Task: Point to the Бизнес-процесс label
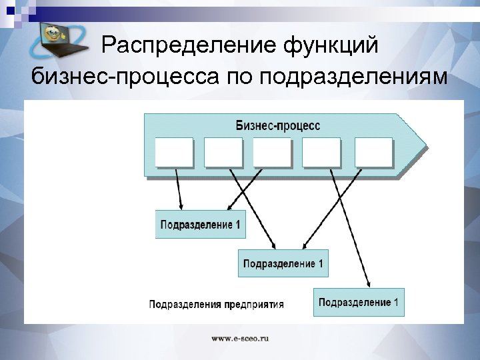pyautogui.click(x=278, y=126)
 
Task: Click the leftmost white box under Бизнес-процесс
pyautogui.click(x=174, y=152)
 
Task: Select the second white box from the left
pyautogui.click(x=223, y=152)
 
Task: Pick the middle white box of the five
pyautogui.click(x=273, y=152)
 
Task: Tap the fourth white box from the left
pyautogui.click(x=321, y=152)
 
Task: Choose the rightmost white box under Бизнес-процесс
pyautogui.click(x=374, y=152)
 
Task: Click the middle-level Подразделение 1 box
pyautogui.click(x=283, y=263)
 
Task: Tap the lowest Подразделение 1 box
pyautogui.click(x=359, y=302)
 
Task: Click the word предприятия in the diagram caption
pyautogui.click(x=253, y=305)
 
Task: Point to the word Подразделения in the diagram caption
pyautogui.click(x=184, y=305)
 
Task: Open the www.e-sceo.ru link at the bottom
pyautogui.click(x=240, y=339)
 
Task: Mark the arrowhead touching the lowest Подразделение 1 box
pyautogui.click(x=370, y=285)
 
